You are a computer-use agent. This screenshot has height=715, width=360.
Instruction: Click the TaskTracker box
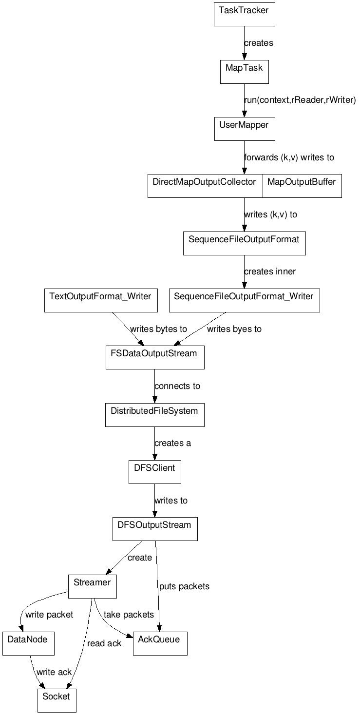coord(245,14)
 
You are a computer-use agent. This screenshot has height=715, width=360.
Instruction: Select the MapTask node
coord(244,72)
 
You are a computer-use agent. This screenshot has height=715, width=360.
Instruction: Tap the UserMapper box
coord(244,129)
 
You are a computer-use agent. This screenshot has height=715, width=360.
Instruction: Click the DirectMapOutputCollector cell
coord(205,186)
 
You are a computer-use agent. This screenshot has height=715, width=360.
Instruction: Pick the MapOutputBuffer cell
coord(302,186)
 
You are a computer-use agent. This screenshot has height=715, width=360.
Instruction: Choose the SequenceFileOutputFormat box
coord(244,243)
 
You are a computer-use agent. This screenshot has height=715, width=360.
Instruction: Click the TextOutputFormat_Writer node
coord(101,300)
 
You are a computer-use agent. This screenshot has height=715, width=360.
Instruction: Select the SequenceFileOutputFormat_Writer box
coord(244,300)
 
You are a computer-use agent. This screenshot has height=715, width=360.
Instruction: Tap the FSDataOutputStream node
coord(155,357)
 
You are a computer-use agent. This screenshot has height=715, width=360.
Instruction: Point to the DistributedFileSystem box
coord(155,415)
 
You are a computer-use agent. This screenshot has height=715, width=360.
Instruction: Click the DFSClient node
coord(155,472)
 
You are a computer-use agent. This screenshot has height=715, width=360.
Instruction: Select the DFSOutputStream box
coord(155,529)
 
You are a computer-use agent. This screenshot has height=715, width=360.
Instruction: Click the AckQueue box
coord(160,643)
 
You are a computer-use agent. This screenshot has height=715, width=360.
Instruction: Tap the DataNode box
coord(28,643)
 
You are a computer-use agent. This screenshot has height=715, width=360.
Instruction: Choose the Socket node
coord(57,700)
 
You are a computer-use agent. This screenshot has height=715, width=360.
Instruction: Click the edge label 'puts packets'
coord(184,586)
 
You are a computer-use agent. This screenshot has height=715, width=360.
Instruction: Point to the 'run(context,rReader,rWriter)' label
coord(300,100)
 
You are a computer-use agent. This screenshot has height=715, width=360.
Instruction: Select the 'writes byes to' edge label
coord(234,329)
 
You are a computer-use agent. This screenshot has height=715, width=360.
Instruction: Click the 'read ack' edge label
coord(104,643)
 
